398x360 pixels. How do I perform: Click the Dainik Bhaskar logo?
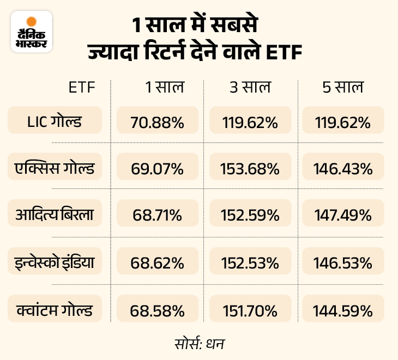pyautogui.click(x=32, y=32)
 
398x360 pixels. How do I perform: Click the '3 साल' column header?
pyautogui.click(x=250, y=87)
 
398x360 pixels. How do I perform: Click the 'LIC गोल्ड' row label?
pyautogui.click(x=55, y=120)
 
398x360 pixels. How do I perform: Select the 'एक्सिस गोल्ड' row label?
pyautogui.click(x=55, y=168)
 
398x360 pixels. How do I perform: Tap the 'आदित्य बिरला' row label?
pyautogui.click(x=55, y=215)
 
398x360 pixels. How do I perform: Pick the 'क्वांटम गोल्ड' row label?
pyautogui.click(x=55, y=310)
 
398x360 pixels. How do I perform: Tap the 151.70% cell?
pyautogui.click(x=250, y=311)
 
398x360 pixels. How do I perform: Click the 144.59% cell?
pyautogui.click(x=343, y=311)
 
